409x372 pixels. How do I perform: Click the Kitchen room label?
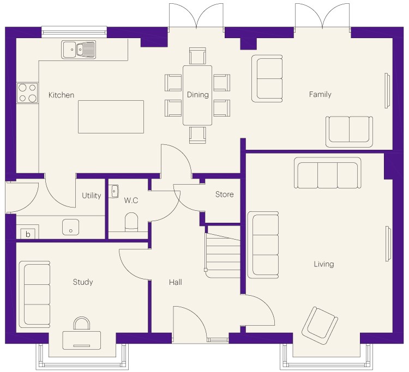(61, 95)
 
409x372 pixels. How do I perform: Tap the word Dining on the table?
(198, 94)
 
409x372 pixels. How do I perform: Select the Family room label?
(320, 94)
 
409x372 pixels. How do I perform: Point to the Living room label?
(324, 264)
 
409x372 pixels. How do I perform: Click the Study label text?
(83, 282)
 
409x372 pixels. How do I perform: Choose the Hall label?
(175, 282)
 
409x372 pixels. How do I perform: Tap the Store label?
(224, 194)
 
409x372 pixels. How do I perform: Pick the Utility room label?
(91, 196)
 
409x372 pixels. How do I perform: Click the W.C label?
(131, 200)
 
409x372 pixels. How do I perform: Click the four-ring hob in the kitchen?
(27, 93)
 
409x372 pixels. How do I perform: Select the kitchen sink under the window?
(79, 49)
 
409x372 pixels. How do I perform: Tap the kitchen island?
(111, 117)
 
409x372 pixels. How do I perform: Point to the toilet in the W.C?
(131, 222)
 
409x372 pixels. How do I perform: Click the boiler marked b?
(28, 234)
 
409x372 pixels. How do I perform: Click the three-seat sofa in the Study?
(34, 294)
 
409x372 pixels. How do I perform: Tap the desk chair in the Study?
(82, 324)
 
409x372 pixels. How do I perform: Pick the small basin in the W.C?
(113, 192)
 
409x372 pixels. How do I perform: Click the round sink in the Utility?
(71, 227)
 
